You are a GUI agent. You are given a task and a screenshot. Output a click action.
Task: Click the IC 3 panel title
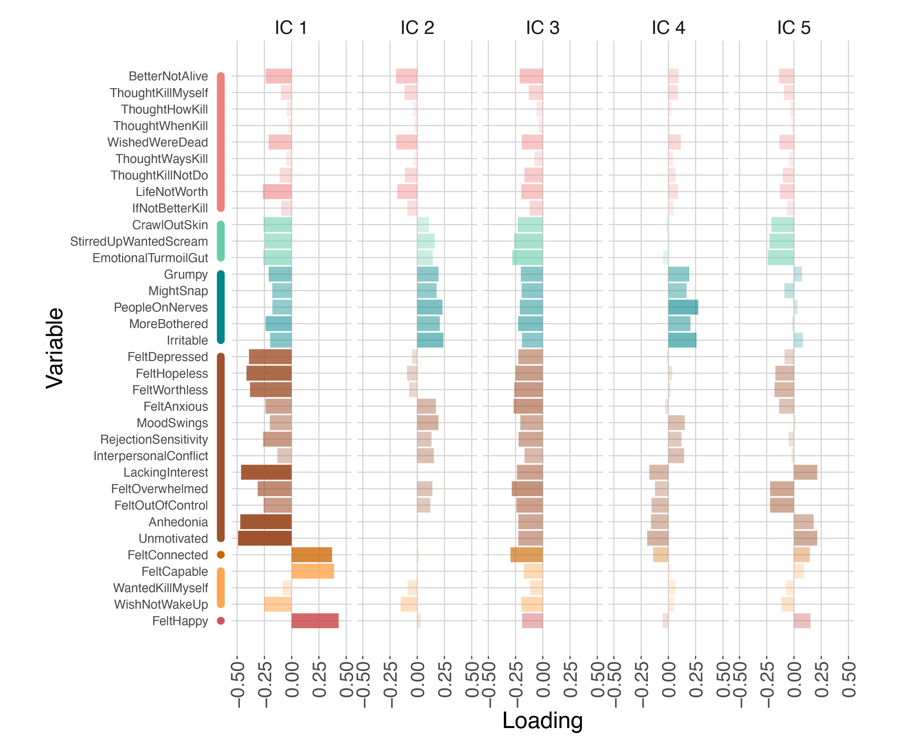pos(543,28)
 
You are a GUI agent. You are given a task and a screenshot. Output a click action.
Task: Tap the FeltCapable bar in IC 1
pos(313,571)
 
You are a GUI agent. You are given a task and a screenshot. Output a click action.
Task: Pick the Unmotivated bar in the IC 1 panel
pos(265,538)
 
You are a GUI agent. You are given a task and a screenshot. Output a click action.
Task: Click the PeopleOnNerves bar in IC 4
pos(683,307)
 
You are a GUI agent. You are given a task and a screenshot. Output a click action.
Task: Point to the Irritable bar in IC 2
pos(430,340)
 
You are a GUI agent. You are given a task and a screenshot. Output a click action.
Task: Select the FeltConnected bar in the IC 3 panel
pos(526,555)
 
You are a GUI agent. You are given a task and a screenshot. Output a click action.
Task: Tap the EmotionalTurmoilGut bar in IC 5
pos(781,258)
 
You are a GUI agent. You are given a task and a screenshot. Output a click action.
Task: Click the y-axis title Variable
pos(55,348)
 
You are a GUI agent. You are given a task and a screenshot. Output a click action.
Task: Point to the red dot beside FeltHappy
pos(221,621)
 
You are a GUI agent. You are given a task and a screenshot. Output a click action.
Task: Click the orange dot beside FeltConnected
pos(221,555)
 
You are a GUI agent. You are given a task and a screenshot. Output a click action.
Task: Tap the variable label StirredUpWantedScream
pos(139,241)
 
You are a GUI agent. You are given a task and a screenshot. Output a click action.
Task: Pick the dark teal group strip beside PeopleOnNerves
pos(221,307)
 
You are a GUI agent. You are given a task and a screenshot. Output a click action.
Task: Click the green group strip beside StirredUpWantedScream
pos(221,241)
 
